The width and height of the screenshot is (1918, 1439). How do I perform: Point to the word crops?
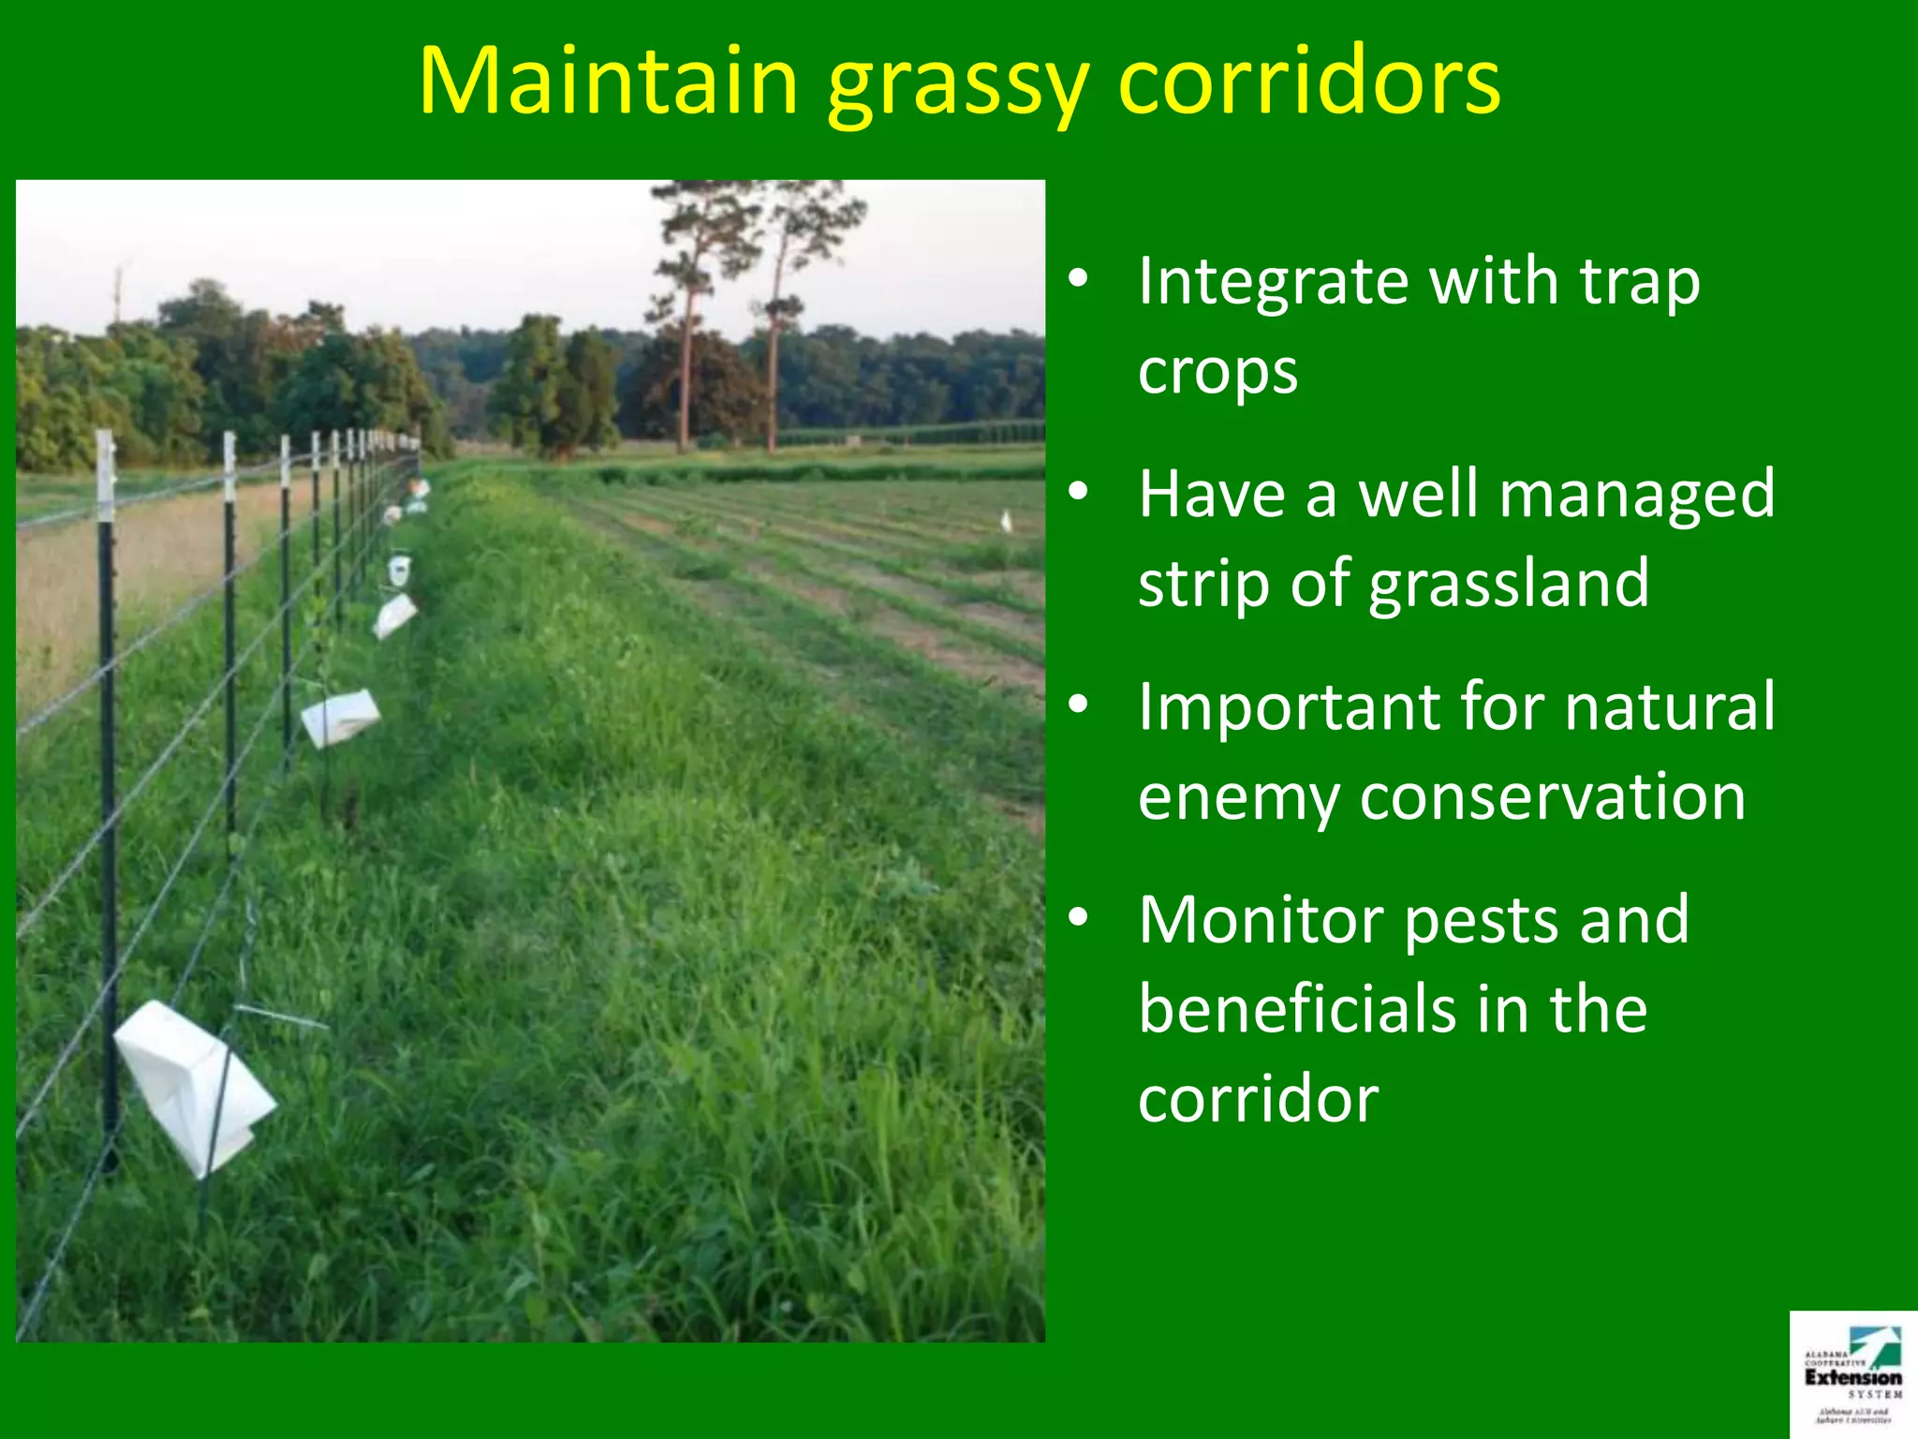[x=1217, y=373]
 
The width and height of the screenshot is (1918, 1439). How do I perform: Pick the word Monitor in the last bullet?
[x=1260, y=921]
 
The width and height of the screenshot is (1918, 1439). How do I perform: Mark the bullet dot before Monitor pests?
[x=1079, y=917]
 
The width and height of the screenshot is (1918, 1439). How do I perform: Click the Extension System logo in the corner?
[x=1852, y=1373]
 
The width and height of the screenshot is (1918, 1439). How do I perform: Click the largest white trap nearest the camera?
[x=192, y=1087]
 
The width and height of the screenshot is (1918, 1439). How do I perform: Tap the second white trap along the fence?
[x=340, y=717]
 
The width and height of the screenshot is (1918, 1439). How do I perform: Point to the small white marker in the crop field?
[x=1006, y=521]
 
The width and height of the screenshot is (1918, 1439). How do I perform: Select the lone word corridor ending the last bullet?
[x=1257, y=1100]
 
